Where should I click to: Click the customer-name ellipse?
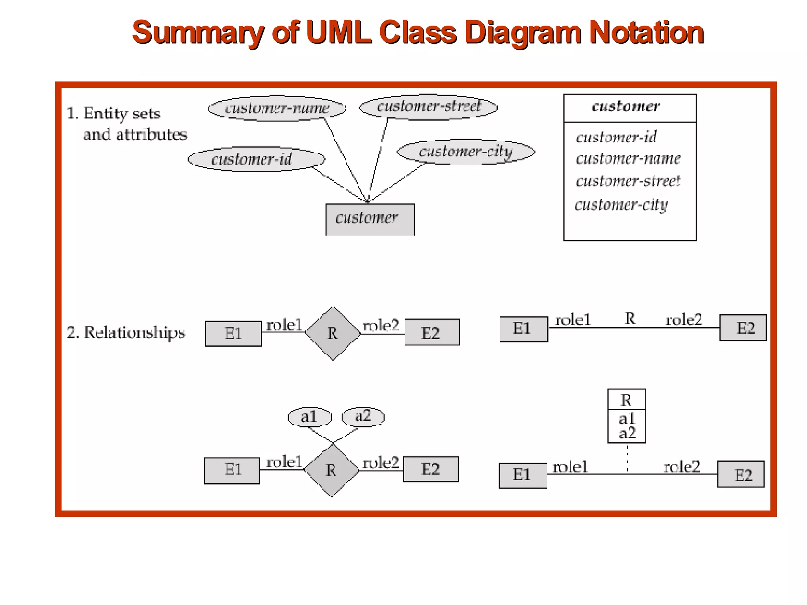[x=277, y=108]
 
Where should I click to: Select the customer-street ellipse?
[x=428, y=106]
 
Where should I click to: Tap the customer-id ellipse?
[x=256, y=159]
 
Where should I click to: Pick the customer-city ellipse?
[x=466, y=152]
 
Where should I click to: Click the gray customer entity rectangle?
[x=370, y=219]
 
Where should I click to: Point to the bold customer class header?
[x=626, y=106]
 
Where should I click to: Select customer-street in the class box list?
[x=628, y=181]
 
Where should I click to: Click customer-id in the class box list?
[x=616, y=137]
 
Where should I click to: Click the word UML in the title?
[x=338, y=32]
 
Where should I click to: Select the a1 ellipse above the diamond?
[x=309, y=417]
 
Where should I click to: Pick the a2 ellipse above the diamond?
[x=363, y=416]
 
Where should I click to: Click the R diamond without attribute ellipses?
[x=333, y=333]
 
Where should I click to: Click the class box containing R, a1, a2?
[x=627, y=416]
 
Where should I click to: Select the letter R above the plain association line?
[x=630, y=319]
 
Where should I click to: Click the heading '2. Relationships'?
[x=126, y=333]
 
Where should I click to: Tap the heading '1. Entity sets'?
[x=113, y=113]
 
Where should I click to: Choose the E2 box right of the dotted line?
[x=741, y=474]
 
